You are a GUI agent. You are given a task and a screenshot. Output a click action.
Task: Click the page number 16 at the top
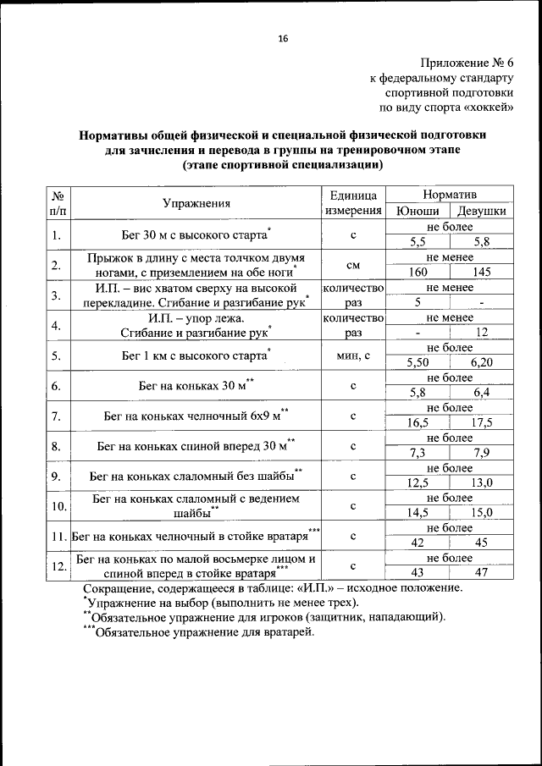(x=282, y=39)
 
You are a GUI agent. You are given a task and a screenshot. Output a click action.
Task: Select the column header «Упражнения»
(x=196, y=203)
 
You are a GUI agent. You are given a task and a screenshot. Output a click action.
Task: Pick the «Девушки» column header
(x=482, y=212)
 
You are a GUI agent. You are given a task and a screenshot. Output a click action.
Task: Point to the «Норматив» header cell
(x=449, y=195)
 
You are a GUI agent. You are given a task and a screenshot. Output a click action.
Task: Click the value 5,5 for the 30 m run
(x=417, y=242)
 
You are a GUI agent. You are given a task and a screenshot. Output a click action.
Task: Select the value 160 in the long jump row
(x=417, y=273)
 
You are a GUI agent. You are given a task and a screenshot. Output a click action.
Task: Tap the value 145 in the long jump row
(x=482, y=273)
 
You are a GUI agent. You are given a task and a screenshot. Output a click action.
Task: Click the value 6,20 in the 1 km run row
(x=482, y=362)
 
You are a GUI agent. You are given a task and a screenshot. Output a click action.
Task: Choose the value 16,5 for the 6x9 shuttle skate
(x=417, y=422)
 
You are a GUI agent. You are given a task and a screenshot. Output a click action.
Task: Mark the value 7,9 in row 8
(x=482, y=453)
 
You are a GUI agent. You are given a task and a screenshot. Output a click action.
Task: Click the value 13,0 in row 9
(x=482, y=483)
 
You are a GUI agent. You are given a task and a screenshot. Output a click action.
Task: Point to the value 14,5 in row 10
(x=417, y=513)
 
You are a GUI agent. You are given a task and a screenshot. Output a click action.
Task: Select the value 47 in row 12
(x=482, y=573)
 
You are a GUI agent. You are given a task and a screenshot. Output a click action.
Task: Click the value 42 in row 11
(x=417, y=543)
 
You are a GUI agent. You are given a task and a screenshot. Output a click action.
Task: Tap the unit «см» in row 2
(x=353, y=265)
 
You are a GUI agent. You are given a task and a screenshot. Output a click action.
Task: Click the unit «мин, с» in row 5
(x=353, y=355)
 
